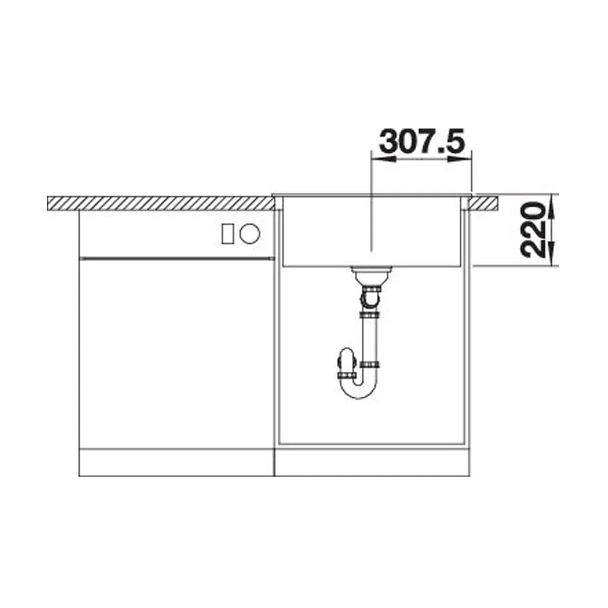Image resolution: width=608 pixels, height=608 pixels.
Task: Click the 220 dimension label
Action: (x=534, y=230)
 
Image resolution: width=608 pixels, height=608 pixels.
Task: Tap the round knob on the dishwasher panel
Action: (x=249, y=234)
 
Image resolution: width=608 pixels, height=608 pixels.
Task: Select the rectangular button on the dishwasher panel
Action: (x=227, y=234)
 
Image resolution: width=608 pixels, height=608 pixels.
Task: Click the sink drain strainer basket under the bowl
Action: (x=371, y=276)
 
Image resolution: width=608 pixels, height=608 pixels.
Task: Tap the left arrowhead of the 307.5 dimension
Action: (x=383, y=159)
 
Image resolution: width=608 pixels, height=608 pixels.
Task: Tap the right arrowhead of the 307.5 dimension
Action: (x=460, y=159)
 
